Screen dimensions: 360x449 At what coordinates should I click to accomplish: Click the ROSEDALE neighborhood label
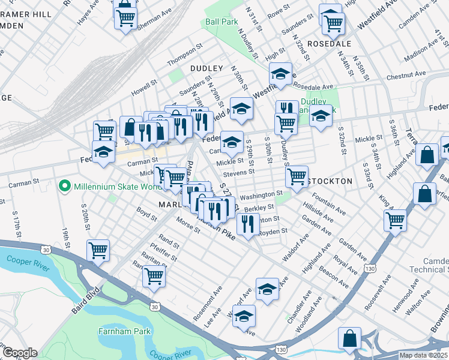(x=328, y=44)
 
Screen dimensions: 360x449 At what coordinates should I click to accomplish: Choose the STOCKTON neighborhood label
(x=330, y=181)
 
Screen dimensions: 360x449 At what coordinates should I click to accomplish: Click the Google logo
(x=20, y=353)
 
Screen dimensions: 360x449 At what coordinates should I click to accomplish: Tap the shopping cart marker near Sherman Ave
(x=125, y=18)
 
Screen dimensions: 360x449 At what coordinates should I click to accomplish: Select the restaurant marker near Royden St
(x=247, y=224)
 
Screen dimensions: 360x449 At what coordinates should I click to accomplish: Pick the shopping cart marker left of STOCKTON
(x=297, y=176)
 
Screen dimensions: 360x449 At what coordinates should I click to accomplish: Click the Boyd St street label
(x=146, y=212)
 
